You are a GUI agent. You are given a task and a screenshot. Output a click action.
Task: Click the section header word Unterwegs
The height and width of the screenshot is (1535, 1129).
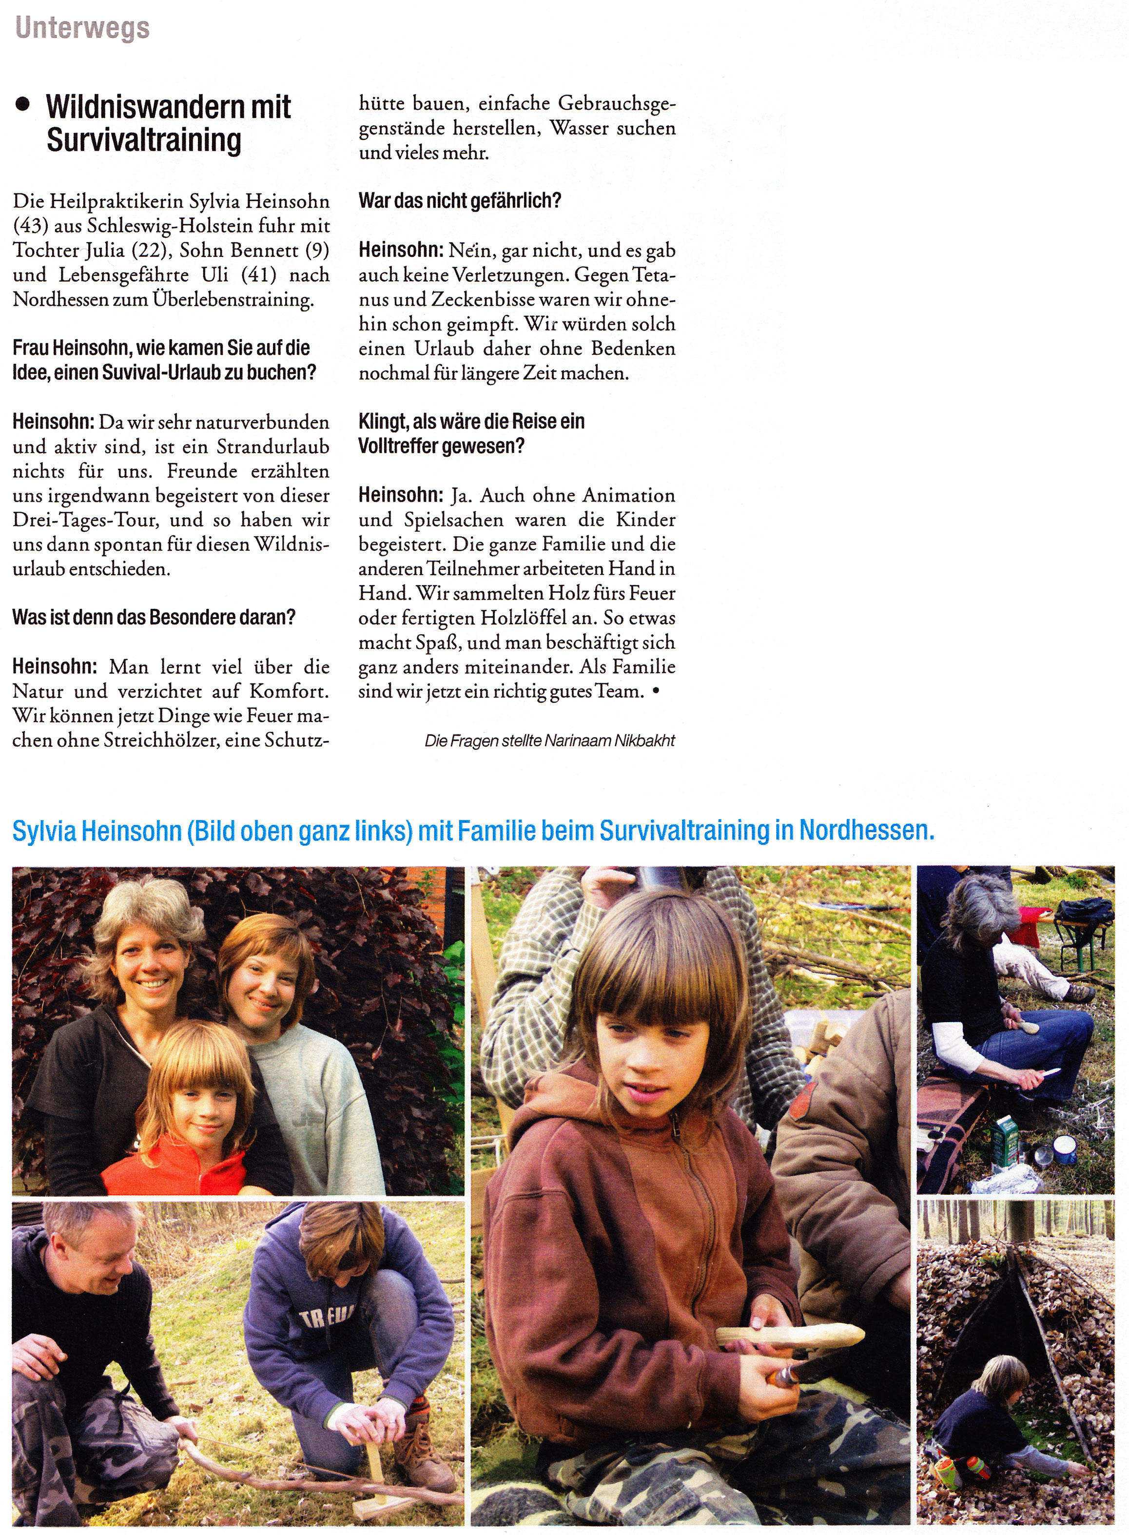tap(82, 29)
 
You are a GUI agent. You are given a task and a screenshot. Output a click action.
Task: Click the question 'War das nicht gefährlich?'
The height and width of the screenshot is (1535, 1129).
tap(459, 201)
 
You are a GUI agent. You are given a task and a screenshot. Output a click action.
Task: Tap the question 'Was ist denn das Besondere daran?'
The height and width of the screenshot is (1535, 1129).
tap(154, 617)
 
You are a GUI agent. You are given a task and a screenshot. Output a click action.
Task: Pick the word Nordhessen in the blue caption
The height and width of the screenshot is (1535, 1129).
tap(866, 830)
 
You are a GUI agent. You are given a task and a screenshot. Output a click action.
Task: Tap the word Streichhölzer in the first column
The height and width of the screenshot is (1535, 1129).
tap(160, 740)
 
